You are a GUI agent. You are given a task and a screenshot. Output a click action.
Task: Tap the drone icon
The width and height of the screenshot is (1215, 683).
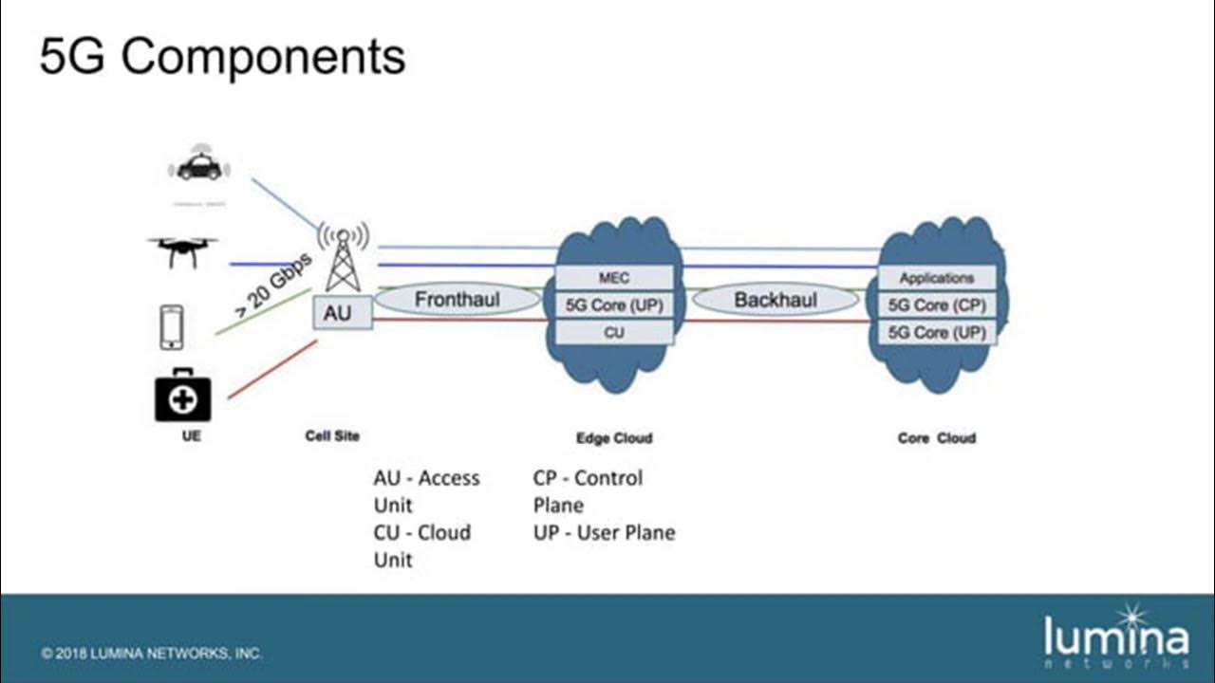click(182, 251)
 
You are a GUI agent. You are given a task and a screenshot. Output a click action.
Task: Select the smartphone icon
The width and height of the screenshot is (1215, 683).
click(171, 326)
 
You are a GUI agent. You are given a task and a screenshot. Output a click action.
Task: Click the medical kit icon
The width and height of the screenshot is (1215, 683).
click(183, 396)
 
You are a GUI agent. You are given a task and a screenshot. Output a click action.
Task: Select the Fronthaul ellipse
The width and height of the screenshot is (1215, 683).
click(457, 300)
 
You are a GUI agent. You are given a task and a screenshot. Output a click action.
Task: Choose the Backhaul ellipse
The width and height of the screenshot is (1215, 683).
click(776, 300)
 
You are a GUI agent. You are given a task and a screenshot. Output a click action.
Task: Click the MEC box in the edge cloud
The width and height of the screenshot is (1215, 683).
click(614, 278)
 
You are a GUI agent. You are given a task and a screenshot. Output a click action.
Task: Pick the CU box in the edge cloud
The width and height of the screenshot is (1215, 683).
click(614, 333)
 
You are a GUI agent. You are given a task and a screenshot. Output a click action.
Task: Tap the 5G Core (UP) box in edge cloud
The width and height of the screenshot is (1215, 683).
click(614, 305)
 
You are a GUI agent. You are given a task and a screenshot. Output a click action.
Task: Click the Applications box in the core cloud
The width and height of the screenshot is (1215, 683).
click(937, 278)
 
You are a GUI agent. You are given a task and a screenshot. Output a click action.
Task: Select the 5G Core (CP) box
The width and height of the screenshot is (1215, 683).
click(937, 305)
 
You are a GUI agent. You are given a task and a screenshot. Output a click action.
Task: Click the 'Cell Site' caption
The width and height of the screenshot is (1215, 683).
click(332, 436)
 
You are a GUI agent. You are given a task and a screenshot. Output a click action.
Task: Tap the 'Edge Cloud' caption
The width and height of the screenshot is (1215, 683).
click(614, 438)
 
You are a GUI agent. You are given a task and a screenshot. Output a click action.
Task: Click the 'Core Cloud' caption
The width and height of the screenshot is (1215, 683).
click(936, 438)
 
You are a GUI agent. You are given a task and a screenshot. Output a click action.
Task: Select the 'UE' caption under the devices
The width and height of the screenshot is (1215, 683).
click(192, 437)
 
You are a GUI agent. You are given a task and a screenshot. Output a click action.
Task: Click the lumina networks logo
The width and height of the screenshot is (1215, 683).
click(1115, 634)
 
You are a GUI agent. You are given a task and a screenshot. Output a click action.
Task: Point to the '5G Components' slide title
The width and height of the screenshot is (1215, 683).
click(222, 57)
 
